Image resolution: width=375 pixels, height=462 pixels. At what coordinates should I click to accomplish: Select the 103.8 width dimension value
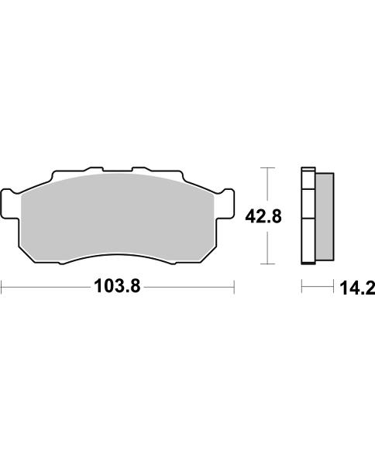[x=117, y=288]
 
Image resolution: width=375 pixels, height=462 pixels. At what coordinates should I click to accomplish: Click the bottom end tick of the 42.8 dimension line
[x=267, y=264]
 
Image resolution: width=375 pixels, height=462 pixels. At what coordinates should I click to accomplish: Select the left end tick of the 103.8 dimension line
[x=2, y=288]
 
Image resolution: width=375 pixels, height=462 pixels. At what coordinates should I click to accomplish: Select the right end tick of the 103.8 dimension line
[x=233, y=288]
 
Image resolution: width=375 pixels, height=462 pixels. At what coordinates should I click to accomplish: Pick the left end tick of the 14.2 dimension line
[x=301, y=288]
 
